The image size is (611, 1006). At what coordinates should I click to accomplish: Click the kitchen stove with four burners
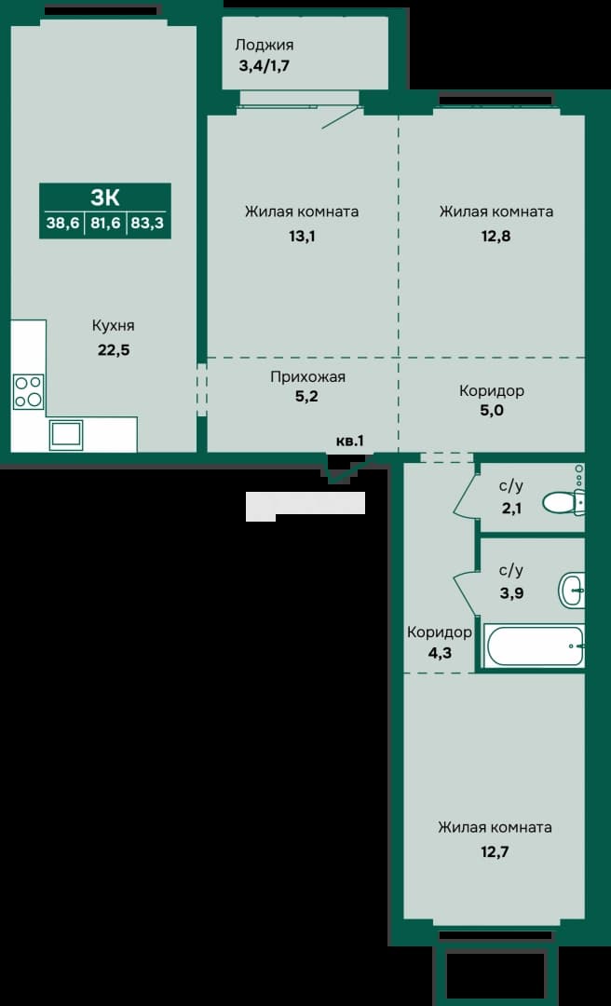(x=29, y=391)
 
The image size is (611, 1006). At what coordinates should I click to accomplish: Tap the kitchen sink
(x=67, y=436)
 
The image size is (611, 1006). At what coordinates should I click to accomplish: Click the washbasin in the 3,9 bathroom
(x=573, y=590)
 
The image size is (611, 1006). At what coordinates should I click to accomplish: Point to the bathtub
(x=536, y=646)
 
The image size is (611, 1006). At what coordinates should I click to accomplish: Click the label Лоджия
(x=265, y=45)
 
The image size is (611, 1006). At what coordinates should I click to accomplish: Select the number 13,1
(x=302, y=236)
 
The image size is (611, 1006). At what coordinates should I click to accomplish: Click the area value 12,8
(x=496, y=236)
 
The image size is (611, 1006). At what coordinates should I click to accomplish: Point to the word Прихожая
(x=307, y=377)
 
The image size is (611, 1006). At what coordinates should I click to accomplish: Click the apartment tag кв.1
(x=350, y=441)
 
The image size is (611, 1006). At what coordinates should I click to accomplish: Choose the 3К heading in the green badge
(x=105, y=197)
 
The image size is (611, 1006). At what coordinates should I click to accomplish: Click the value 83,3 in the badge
(x=147, y=224)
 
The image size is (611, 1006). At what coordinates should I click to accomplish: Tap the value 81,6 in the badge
(x=104, y=224)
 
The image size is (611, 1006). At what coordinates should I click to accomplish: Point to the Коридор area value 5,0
(x=492, y=410)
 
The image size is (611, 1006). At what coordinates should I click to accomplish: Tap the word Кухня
(x=113, y=326)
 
